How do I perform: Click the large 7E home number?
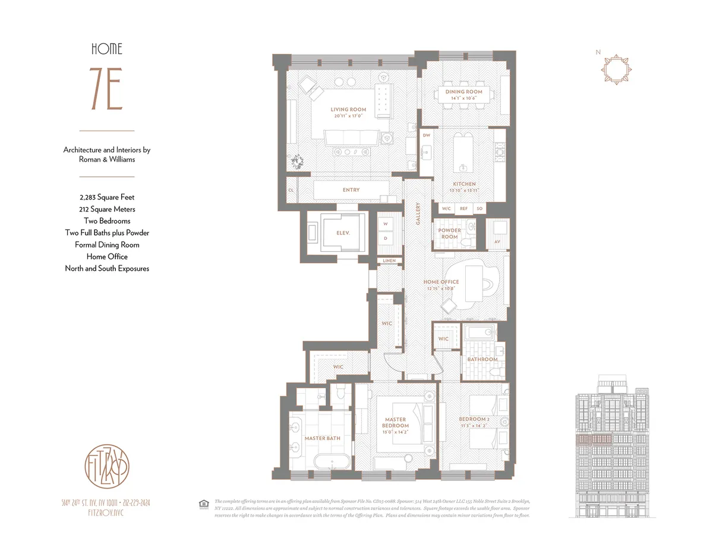107,90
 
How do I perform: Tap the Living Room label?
348,110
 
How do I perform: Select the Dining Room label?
464,92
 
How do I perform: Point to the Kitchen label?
464,185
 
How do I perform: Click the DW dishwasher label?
426,135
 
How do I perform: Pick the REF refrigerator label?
463,209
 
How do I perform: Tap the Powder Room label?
449,233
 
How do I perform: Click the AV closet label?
497,242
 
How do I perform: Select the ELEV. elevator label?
342,233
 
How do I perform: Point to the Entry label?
351,190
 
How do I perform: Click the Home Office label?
441,282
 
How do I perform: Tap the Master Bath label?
322,438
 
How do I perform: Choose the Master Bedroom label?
395,423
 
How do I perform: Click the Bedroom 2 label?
474,420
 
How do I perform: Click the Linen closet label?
389,261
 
